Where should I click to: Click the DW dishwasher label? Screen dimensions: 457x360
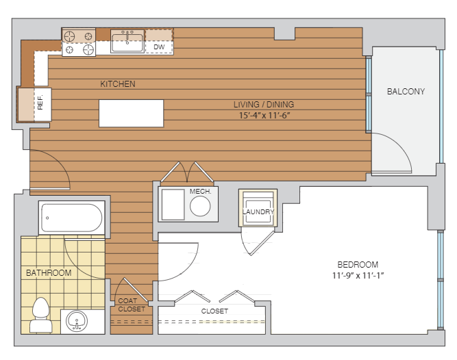(x=159, y=47)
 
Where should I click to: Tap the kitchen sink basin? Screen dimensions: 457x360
(x=127, y=42)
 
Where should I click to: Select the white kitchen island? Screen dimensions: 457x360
(x=131, y=113)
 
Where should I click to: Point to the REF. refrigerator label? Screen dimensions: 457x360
(x=40, y=102)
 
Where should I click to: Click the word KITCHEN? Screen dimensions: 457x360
(x=118, y=84)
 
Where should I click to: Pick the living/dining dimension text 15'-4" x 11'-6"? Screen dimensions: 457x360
(x=264, y=115)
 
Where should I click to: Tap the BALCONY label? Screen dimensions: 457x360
(x=406, y=92)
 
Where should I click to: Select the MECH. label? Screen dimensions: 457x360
(x=201, y=191)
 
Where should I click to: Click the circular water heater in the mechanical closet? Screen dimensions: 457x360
(x=200, y=206)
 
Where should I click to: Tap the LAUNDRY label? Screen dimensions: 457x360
(x=258, y=211)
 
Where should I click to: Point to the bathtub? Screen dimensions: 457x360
(x=72, y=218)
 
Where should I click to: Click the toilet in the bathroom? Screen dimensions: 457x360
(x=41, y=315)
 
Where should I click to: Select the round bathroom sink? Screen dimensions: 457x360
(x=77, y=321)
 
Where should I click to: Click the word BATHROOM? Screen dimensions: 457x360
(x=49, y=272)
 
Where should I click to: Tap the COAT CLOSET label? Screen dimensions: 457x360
(x=132, y=305)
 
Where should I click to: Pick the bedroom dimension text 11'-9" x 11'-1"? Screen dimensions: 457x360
(x=358, y=275)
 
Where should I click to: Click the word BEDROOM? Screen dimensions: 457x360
(x=358, y=265)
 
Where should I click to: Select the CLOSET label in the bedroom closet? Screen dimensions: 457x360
(x=214, y=311)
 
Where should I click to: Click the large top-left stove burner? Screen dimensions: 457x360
(x=69, y=37)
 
